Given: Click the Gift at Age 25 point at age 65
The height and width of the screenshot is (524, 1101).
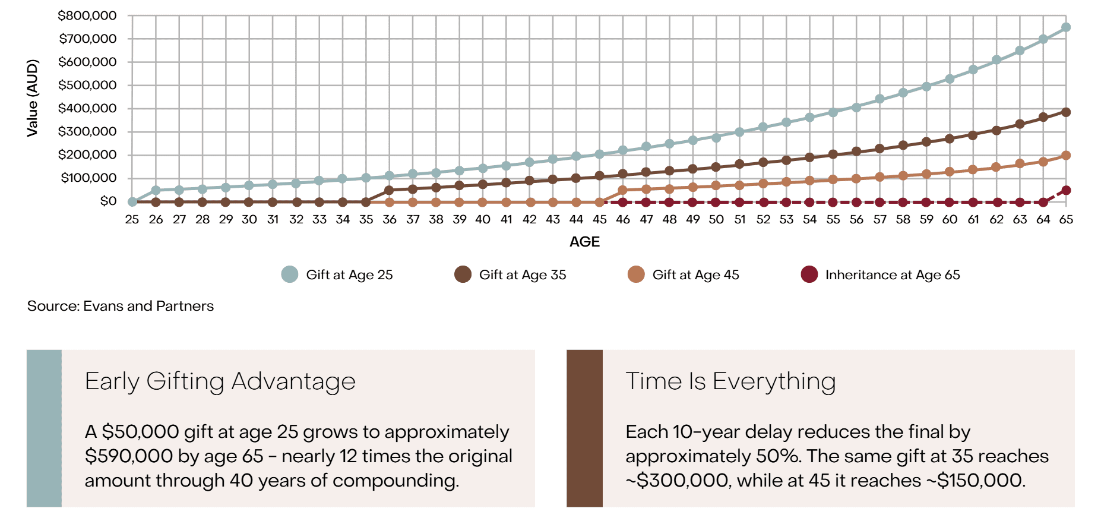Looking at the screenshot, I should (x=1066, y=27).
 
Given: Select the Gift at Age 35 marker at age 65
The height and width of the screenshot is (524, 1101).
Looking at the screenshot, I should (x=1066, y=112).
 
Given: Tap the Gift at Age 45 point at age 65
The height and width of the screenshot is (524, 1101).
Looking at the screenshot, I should (x=1066, y=156).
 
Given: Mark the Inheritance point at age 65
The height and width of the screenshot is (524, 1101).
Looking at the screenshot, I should (x=1066, y=190).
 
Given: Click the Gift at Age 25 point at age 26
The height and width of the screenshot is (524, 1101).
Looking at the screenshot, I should (x=156, y=191).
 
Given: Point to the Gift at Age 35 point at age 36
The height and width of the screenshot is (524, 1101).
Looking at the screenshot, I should (x=389, y=191).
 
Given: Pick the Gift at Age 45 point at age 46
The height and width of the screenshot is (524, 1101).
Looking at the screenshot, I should (x=622, y=191).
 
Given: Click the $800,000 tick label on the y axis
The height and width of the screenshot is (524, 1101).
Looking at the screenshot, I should (x=87, y=15).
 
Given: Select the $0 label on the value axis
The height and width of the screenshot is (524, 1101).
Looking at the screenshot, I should (x=108, y=201).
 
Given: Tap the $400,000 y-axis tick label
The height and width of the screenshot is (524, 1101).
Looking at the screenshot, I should (x=87, y=108).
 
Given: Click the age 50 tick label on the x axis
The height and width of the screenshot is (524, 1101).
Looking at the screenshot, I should (x=716, y=219).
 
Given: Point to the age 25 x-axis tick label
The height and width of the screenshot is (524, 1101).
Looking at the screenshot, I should (x=132, y=219).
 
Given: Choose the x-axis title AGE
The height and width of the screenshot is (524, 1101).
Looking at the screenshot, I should (x=584, y=242).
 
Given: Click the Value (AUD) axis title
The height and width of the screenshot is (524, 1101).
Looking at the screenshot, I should (x=33, y=98).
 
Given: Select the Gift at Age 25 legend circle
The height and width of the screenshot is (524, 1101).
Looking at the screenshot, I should (x=289, y=274).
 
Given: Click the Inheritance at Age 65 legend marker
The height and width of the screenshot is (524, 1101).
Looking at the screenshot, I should (x=809, y=274).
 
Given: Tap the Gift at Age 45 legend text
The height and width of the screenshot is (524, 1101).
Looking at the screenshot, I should (x=695, y=274).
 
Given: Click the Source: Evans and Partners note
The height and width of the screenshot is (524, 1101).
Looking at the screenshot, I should (x=121, y=306).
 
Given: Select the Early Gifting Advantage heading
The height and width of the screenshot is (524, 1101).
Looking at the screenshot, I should (x=220, y=381).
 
